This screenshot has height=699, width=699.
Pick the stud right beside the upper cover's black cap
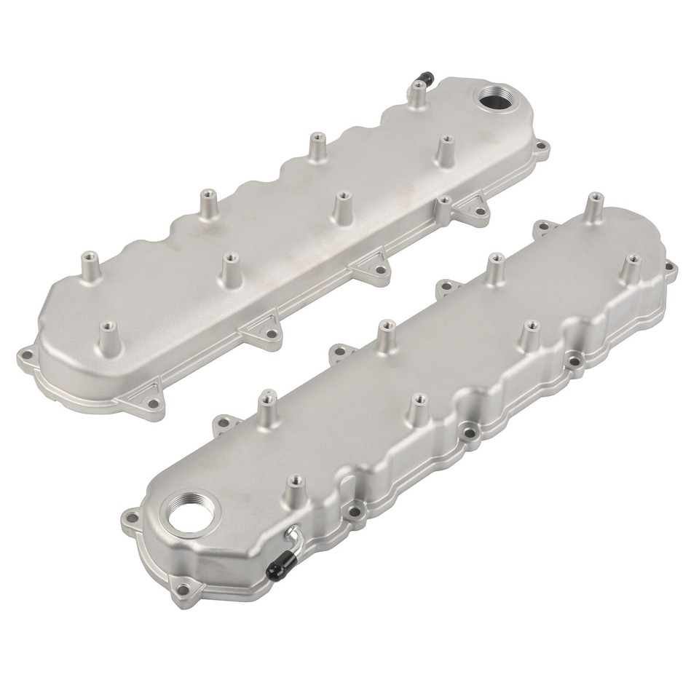(x=418, y=90)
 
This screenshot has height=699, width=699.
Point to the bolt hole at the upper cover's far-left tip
(x=26, y=358)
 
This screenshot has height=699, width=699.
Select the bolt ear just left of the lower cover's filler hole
(x=130, y=520)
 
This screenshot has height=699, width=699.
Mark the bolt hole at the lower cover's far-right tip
(x=666, y=274)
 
